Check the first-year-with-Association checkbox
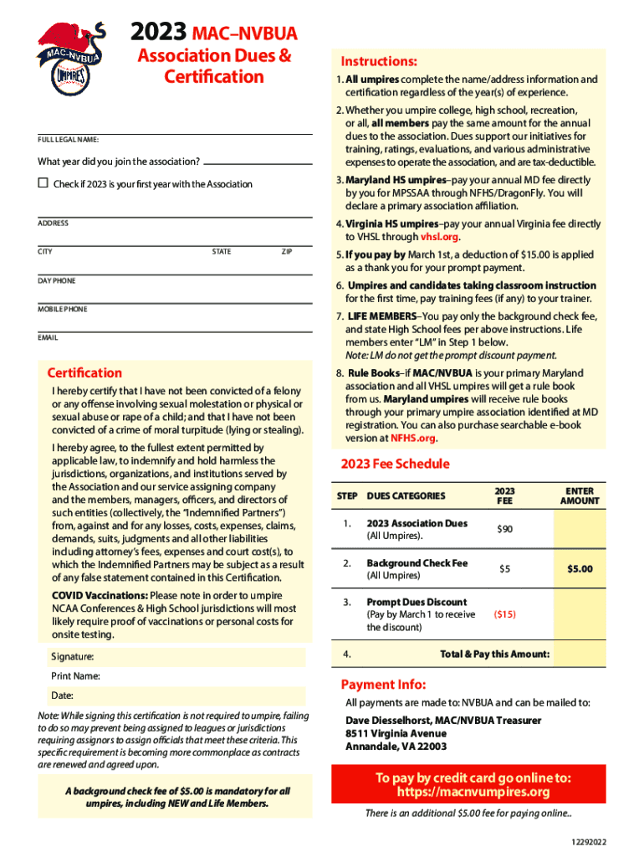click(x=43, y=183)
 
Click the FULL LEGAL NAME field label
click(x=69, y=140)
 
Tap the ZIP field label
click(x=286, y=251)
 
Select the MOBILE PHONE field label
click(x=62, y=309)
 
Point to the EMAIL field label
click(x=48, y=337)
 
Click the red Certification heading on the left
click(x=84, y=372)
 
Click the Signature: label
click(x=72, y=657)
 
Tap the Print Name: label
click(x=75, y=675)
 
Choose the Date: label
click(x=62, y=695)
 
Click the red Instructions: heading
click(x=379, y=61)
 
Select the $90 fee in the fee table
click(x=504, y=529)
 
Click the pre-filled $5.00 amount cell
click(x=580, y=569)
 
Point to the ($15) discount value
click(x=504, y=614)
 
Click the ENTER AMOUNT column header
click(x=580, y=495)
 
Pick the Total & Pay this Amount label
click(x=494, y=654)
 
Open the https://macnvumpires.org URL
click(x=473, y=793)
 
